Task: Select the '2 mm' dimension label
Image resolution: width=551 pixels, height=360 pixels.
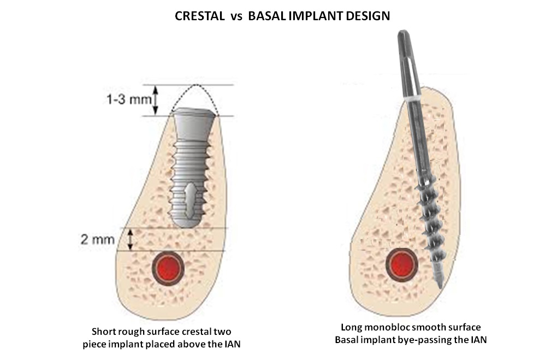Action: coord(96,239)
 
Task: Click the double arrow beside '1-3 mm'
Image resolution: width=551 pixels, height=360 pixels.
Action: coord(155,101)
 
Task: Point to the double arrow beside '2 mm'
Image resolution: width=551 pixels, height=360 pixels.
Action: coord(130,239)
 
